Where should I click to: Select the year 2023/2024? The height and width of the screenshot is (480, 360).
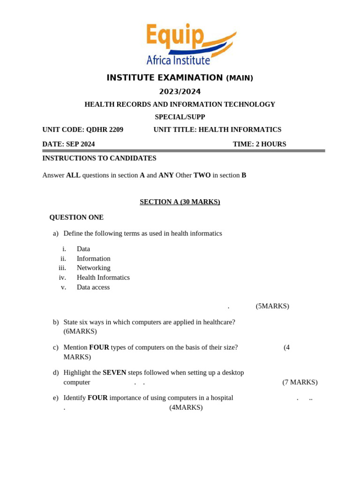point(180,92)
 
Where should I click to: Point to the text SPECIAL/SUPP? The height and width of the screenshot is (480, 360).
point(180,117)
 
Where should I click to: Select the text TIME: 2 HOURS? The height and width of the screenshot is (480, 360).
point(259,144)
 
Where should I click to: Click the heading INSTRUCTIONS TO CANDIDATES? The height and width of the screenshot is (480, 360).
point(99,158)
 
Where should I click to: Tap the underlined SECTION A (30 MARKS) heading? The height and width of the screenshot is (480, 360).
point(180,202)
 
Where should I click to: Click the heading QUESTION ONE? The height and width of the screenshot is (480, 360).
point(76,217)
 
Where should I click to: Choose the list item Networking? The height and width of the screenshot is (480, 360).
point(94,268)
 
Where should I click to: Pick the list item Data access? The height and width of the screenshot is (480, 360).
point(93,287)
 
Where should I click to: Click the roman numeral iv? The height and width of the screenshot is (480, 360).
point(62,277)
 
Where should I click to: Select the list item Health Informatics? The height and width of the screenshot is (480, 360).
point(103,277)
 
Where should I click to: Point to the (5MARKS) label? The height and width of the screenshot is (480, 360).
point(272,306)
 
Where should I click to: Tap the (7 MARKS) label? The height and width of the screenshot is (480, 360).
point(300,382)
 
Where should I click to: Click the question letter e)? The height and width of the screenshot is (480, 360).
point(56,398)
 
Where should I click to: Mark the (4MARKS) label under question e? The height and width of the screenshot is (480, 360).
point(186,408)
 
